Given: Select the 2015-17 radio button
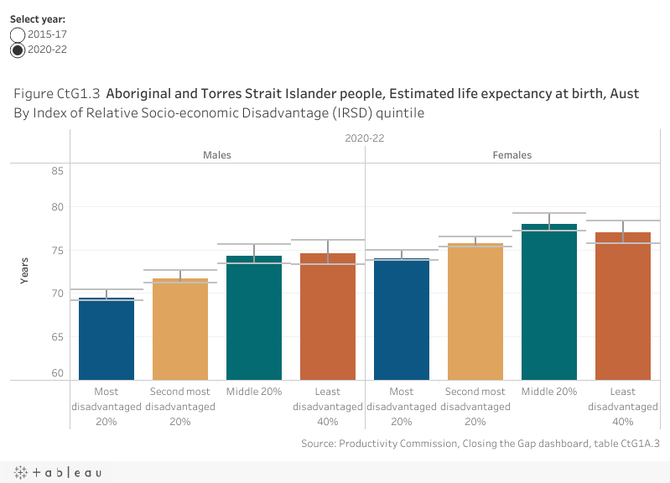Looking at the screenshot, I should (18, 34).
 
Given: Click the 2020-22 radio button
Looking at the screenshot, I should (18, 49).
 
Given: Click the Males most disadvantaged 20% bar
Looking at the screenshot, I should (106, 339).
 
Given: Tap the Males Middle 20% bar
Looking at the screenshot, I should (254, 318).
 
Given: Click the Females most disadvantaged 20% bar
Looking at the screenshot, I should (402, 319).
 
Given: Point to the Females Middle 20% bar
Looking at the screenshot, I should (549, 302).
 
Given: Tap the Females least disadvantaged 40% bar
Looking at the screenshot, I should (623, 306).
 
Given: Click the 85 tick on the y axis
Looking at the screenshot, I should (57, 171).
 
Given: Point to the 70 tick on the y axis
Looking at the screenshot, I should (57, 293).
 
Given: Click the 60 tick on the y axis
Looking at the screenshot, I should (57, 373).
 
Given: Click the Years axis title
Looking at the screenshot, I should (25, 271).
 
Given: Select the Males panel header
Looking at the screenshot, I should (217, 155).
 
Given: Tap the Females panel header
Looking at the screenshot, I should (512, 155).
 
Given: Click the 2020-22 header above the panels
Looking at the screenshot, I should (364, 138).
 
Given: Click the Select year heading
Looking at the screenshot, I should (38, 18).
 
